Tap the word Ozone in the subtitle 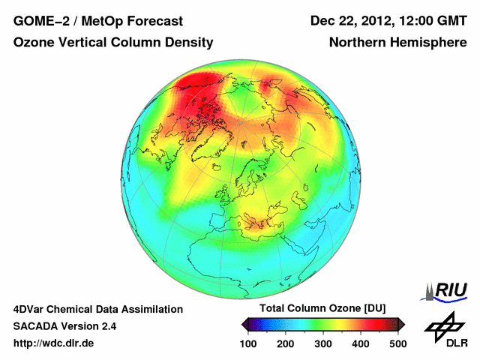pyautogui.click(x=32, y=43)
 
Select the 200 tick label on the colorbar pyautogui.click(x=285, y=343)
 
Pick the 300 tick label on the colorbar pyautogui.click(x=322, y=343)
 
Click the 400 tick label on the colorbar pyautogui.click(x=360, y=343)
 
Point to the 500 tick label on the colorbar pyautogui.click(x=397, y=343)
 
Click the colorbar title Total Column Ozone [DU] pyautogui.click(x=322, y=309)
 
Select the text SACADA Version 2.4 pyautogui.click(x=64, y=326)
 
